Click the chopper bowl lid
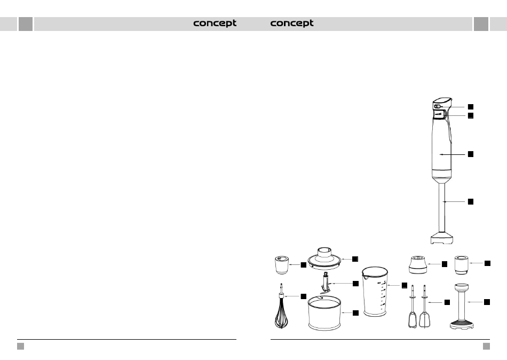326,257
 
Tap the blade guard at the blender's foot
443,239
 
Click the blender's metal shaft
442,208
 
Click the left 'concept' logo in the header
215,24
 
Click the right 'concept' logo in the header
292,24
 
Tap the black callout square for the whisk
303,296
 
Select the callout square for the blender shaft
471,201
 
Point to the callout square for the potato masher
487,302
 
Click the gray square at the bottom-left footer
21,346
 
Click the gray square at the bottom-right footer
486,346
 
